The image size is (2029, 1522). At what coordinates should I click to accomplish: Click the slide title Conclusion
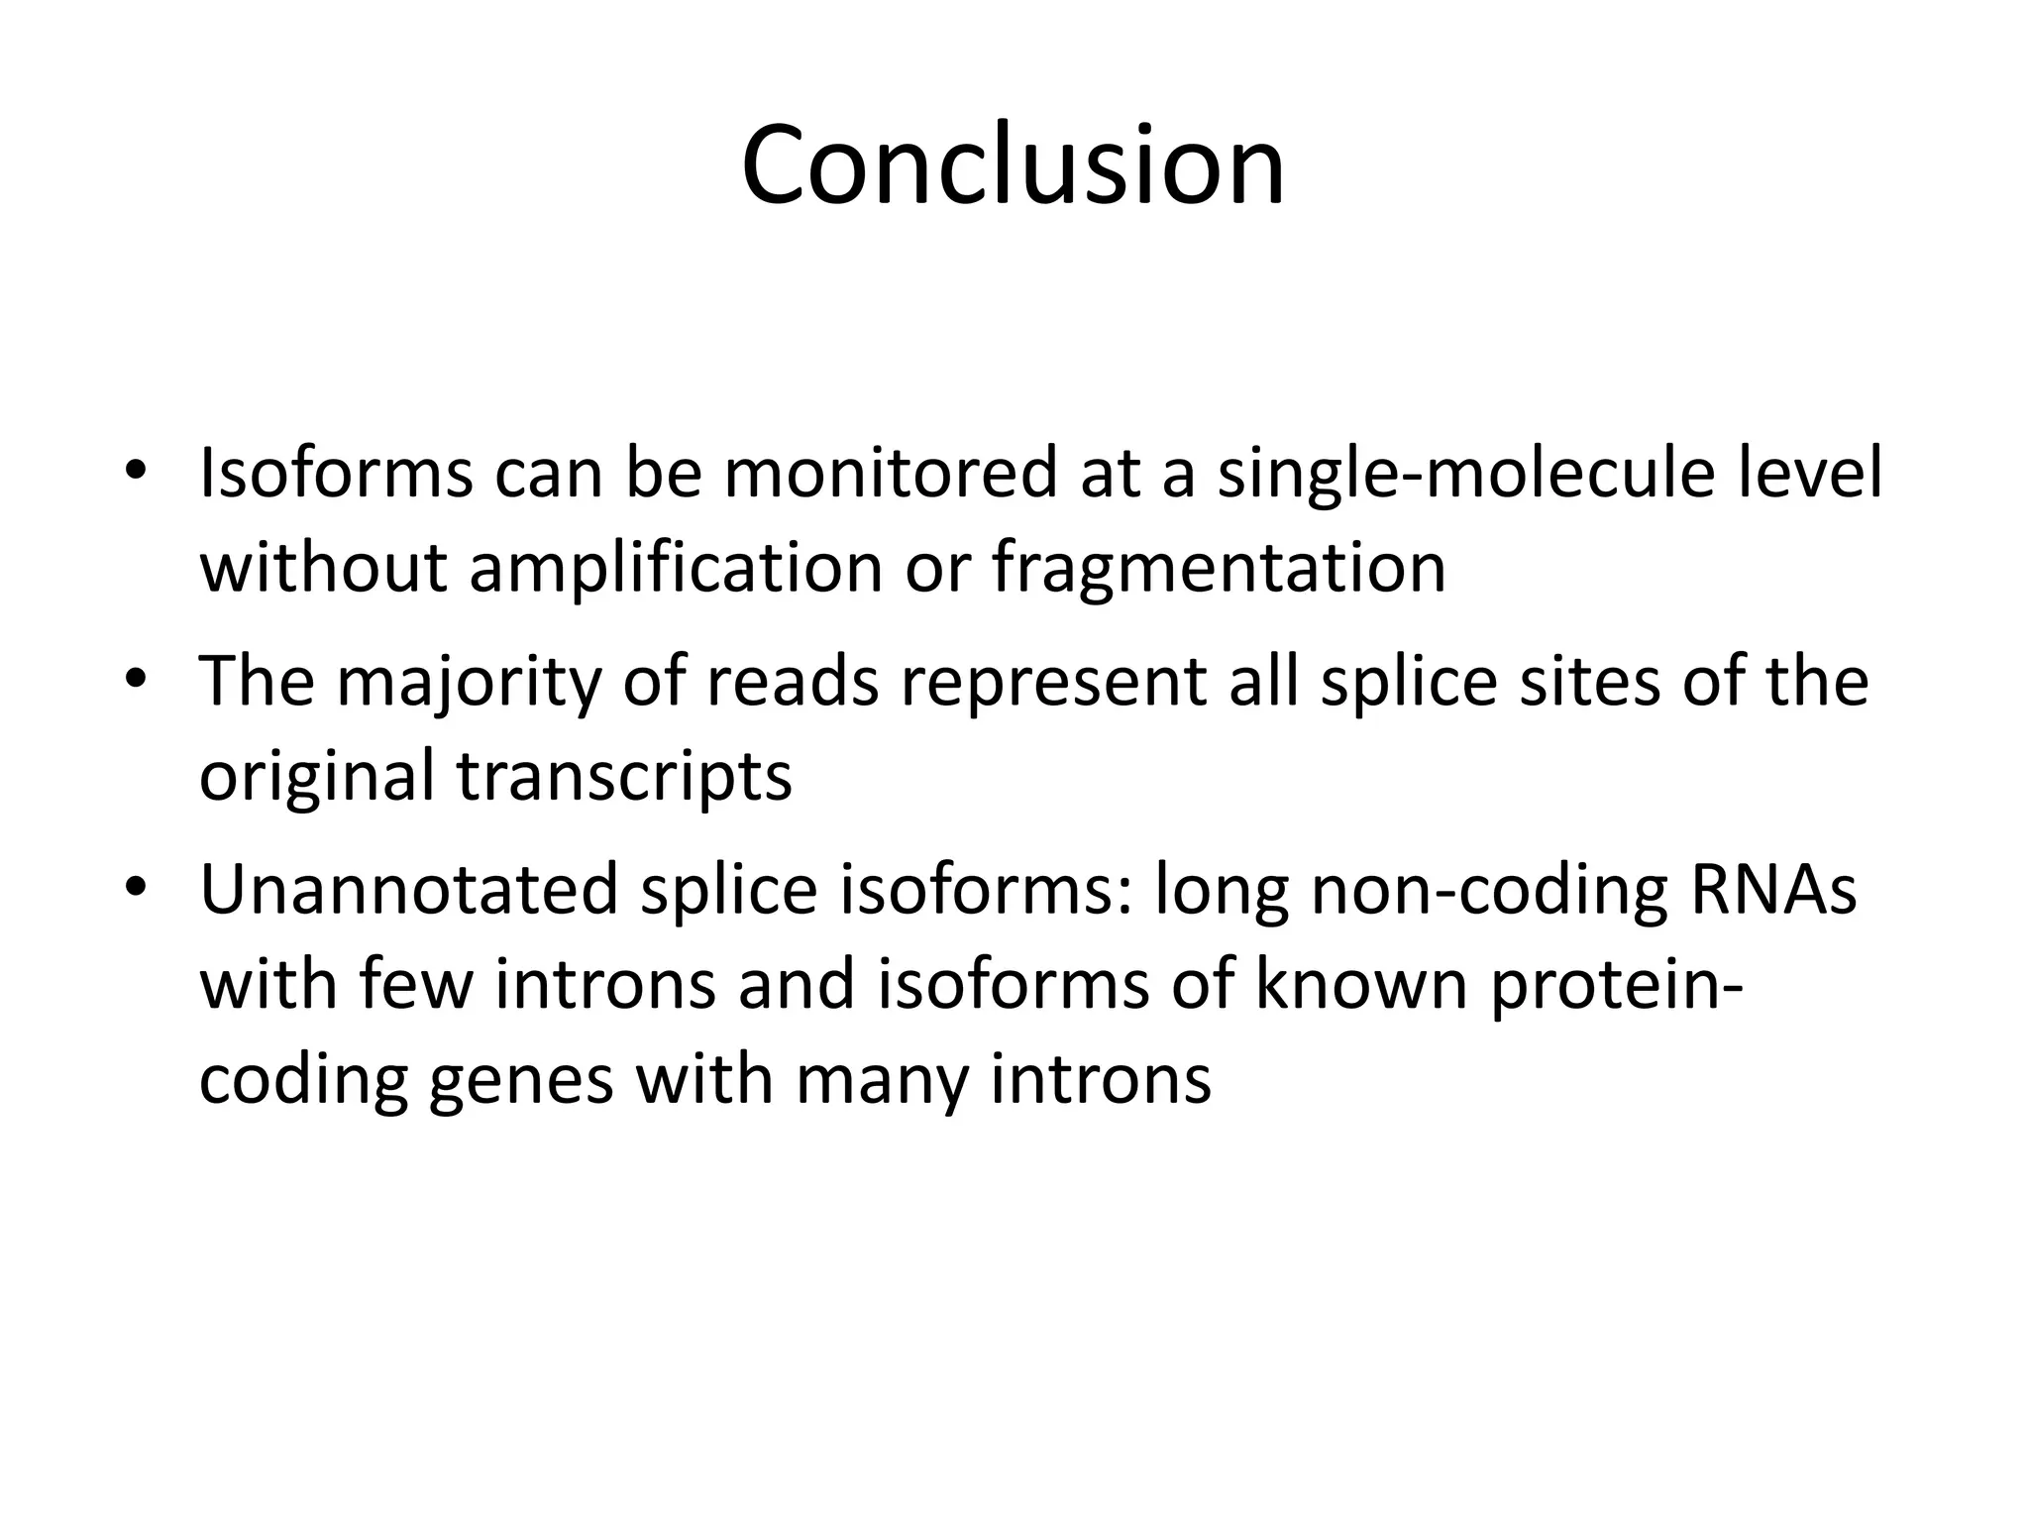pyautogui.click(x=1013, y=164)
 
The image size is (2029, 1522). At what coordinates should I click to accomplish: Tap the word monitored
pyautogui.click(x=891, y=473)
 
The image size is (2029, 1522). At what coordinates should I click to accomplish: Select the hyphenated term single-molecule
pyautogui.click(x=1466, y=473)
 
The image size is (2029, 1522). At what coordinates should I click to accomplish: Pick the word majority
pyautogui.click(x=469, y=682)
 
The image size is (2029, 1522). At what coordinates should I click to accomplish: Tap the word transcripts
pyautogui.click(x=624, y=775)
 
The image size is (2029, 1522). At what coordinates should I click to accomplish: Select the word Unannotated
pyautogui.click(x=408, y=889)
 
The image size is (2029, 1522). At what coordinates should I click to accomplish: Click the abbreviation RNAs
pyautogui.click(x=1772, y=889)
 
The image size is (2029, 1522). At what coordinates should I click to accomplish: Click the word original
pyautogui.click(x=317, y=775)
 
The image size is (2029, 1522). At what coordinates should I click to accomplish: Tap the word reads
pyautogui.click(x=792, y=682)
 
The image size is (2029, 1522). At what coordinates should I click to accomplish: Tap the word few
pyautogui.click(x=416, y=984)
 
